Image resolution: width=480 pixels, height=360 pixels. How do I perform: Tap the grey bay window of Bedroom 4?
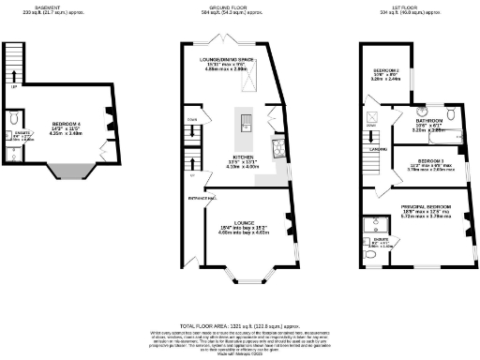(65, 172)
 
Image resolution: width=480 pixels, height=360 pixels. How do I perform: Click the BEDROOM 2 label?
(387, 70)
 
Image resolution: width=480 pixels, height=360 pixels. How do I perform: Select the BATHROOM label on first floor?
(430, 121)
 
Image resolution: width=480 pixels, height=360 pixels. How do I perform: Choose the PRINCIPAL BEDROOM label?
(428, 205)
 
